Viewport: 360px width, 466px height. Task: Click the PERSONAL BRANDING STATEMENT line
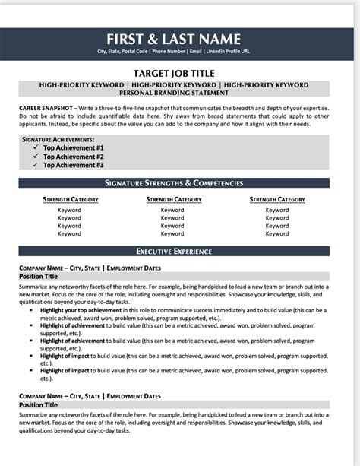174,93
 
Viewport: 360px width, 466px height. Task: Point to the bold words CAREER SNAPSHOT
46,109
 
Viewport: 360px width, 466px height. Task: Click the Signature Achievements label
58,140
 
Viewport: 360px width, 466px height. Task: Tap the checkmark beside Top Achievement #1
35,147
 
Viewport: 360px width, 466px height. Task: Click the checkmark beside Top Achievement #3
35,165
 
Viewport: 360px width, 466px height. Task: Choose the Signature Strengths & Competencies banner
174,183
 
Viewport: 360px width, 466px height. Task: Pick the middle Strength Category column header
174,200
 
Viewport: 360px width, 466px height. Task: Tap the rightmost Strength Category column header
277,200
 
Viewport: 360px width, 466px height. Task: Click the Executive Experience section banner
174,251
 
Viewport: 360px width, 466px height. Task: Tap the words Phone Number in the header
169,52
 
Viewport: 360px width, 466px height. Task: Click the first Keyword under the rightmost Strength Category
277,210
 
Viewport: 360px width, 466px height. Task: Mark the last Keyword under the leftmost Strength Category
69,233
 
